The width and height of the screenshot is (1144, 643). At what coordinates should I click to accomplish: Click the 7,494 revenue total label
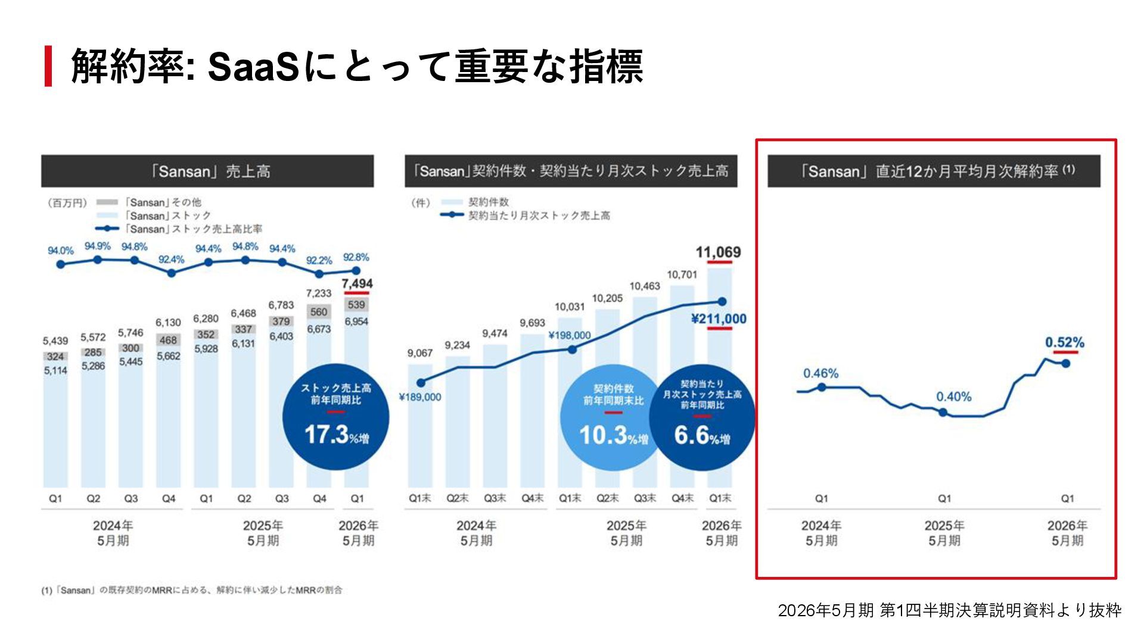[x=357, y=284]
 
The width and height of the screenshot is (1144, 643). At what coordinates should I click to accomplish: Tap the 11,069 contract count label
[x=718, y=252]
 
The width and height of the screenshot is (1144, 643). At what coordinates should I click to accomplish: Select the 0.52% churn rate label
[x=1065, y=343]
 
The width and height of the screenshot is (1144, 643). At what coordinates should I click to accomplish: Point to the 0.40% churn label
[x=953, y=397]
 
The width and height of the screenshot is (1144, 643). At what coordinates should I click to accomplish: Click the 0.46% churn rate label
[x=820, y=373]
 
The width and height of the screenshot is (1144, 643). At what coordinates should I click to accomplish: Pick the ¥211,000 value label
[x=719, y=319]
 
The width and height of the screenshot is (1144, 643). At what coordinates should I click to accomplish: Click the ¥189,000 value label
[x=420, y=397]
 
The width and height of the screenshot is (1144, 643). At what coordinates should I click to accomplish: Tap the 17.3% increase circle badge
[x=335, y=417]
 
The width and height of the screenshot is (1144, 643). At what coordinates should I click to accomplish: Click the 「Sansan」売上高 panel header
[x=207, y=171]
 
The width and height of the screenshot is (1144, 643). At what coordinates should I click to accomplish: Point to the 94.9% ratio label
[x=97, y=246]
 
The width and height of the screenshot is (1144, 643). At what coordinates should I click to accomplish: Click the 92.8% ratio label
[x=356, y=257]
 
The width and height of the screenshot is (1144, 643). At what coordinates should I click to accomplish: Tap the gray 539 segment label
[x=356, y=305]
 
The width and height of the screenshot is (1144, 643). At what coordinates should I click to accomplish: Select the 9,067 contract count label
[x=420, y=353]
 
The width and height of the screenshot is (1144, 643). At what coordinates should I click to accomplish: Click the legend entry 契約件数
[x=489, y=202]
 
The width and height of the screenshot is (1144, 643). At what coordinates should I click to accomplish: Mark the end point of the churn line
[x=1066, y=363]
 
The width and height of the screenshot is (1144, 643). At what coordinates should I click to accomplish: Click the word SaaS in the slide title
[x=253, y=67]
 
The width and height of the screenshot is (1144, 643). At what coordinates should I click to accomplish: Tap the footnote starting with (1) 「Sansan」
[x=192, y=590]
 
